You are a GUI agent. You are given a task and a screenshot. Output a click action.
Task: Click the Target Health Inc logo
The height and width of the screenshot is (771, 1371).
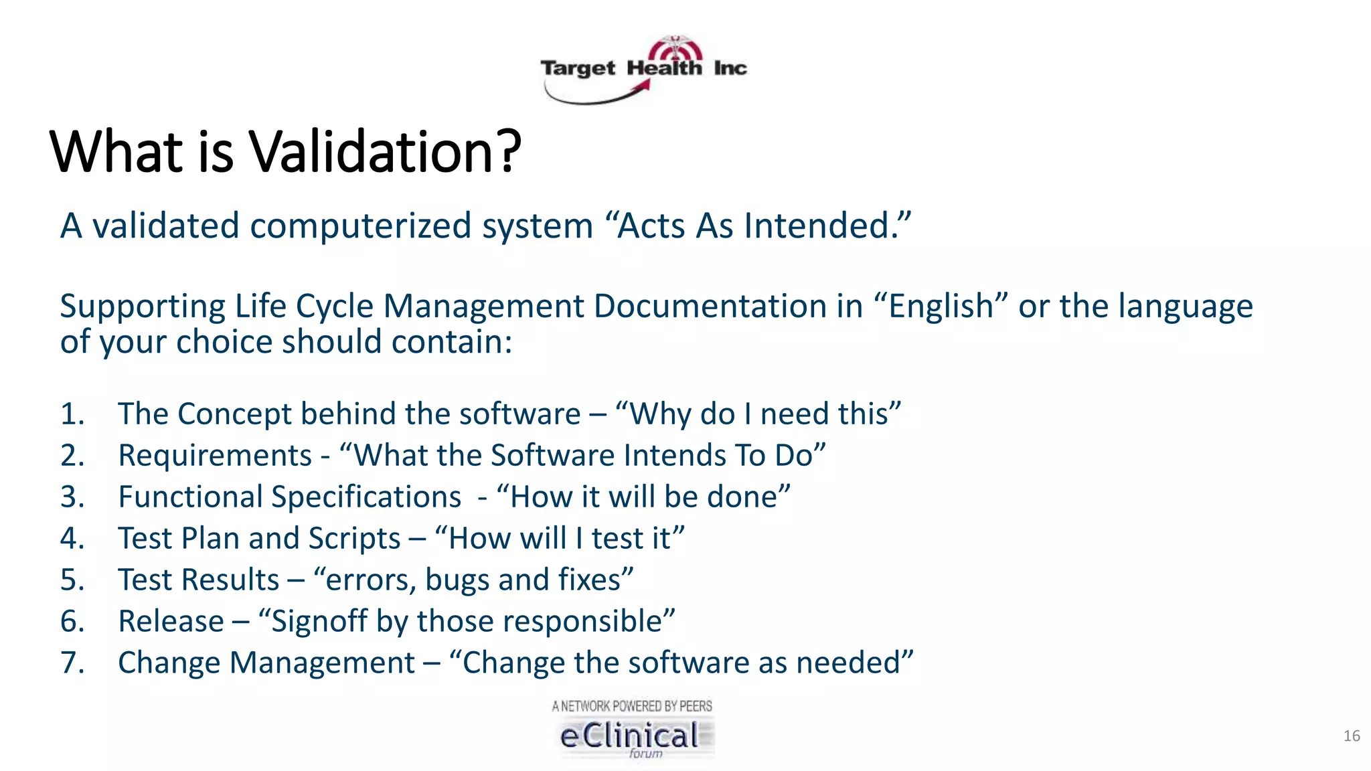[643, 70]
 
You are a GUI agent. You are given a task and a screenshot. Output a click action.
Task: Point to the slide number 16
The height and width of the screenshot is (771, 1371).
[1351, 736]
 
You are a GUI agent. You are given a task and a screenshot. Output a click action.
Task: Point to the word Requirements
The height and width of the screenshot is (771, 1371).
[215, 456]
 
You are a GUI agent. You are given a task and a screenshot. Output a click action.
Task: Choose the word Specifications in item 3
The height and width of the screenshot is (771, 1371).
[366, 497]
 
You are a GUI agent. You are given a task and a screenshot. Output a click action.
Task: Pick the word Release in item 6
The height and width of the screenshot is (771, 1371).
[171, 622]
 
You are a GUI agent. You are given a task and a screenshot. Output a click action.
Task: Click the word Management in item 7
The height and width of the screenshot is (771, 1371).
[322, 663]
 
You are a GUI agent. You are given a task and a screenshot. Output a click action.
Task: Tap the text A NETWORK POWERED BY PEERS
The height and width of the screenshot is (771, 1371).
[632, 706]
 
